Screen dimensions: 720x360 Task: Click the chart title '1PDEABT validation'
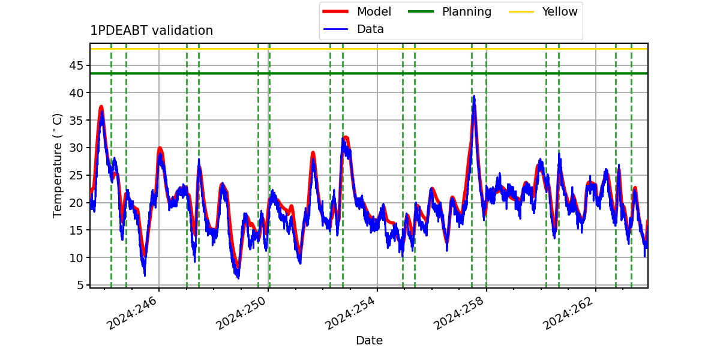click(x=151, y=31)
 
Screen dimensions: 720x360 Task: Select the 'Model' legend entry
click(x=357, y=11)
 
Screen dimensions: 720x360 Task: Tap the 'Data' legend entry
click(x=353, y=29)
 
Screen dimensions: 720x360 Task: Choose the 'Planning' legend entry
click(x=449, y=11)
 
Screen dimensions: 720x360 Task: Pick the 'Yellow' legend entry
click(x=543, y=11)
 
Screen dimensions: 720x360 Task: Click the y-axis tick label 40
click(x=76, y=93)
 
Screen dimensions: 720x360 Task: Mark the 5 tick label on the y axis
click(x=80, y=285)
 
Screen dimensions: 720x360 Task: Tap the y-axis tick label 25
click(x=76, y=175)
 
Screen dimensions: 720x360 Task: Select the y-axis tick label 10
click(x=76, y=258)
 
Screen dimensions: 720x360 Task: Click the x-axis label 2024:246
click(x=133, y=313)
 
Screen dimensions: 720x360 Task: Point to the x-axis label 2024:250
click(x=241, y=313)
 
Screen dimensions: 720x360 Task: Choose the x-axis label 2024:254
click(x=350, y=313)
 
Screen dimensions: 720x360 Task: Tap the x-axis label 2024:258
click(x=460, y=313)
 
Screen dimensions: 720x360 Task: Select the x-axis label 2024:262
click(x=568, y=313)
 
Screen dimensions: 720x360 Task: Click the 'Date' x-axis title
click(x=369, y=340)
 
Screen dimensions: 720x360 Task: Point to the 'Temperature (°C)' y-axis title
click(x=57, y=166)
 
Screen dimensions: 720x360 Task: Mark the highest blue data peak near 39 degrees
click(x=474, y=96)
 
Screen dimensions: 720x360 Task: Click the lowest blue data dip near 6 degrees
click(x=238, y=278)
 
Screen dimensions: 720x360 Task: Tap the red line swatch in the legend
click(x=335, y=11)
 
